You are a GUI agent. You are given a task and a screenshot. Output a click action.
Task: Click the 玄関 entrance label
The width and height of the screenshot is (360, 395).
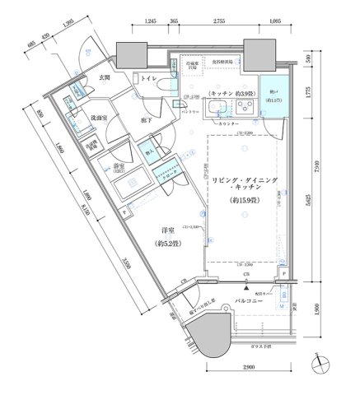(x=105, y=77)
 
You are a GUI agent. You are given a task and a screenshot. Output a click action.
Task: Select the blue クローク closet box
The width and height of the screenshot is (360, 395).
(x=167, y=174)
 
